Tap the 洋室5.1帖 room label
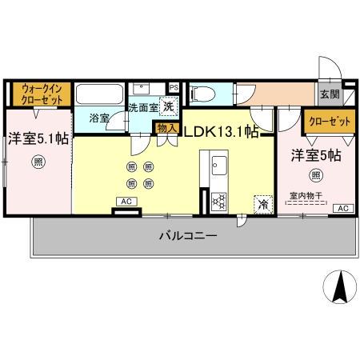point(37,137)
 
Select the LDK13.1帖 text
point(222,132)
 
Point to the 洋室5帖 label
point(315,155)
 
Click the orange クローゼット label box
point(329,121)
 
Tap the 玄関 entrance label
point(329,94)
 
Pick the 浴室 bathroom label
point(99,118)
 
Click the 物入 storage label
point(166,128)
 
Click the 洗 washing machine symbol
point(168,106)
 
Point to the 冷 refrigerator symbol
point(262,204)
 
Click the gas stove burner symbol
point(219,201)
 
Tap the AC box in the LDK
point(126,202)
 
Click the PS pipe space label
point(174,86)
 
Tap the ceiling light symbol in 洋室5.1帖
point(38,162)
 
